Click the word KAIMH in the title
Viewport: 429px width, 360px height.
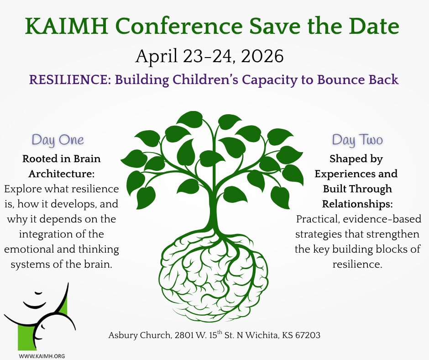pos(66,26)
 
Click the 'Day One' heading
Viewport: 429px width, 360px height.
pos(58,140)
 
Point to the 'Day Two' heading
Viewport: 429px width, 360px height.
pos(357,140)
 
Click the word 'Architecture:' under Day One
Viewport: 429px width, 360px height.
pos(62,174)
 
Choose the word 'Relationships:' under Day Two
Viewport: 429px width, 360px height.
pos(357,204)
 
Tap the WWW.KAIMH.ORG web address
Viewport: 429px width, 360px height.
pos(42,356)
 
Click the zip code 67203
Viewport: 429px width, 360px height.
pos(308,335)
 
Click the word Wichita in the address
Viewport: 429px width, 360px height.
pos(261,335)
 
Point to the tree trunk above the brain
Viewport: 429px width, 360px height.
pos(214,211)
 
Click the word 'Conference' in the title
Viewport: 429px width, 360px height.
pos(178,26)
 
